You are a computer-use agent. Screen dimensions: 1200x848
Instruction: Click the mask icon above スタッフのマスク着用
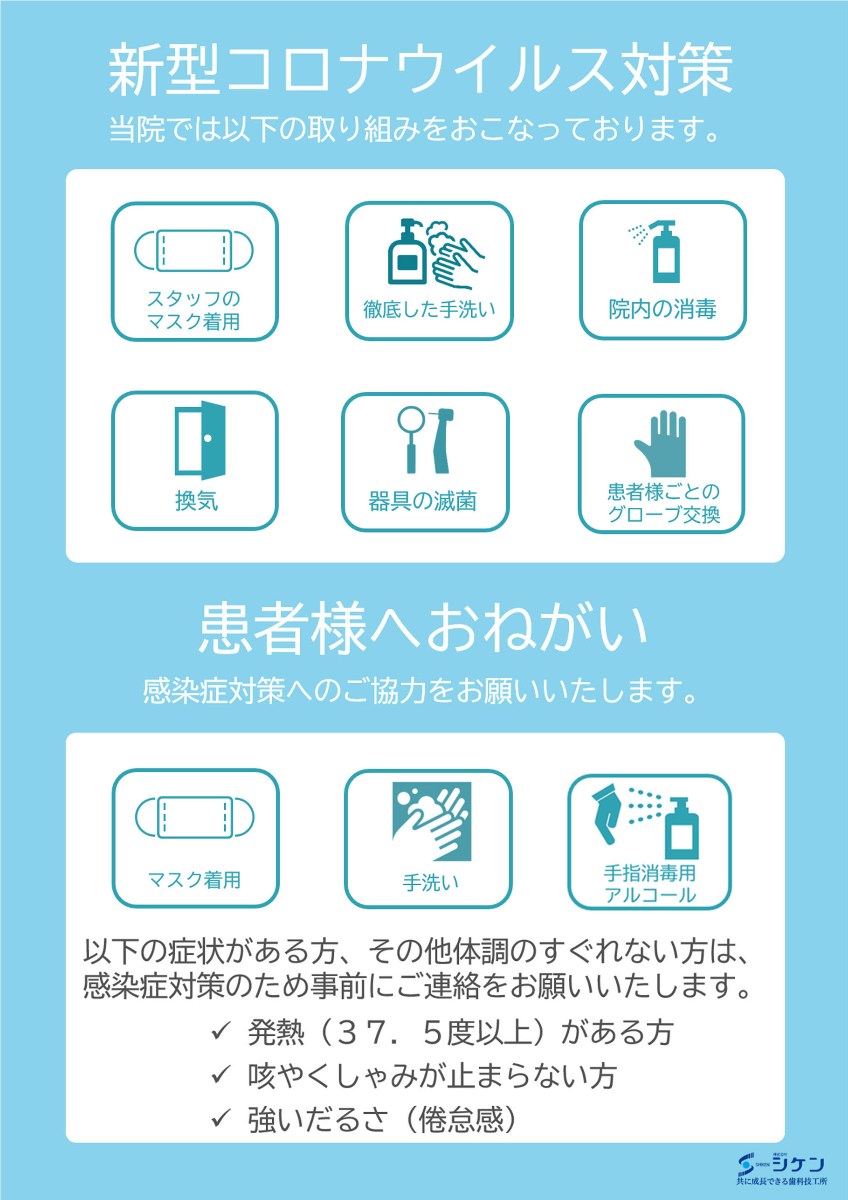194,251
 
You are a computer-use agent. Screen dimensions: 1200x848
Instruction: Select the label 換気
196,500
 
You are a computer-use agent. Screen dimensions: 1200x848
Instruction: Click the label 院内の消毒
662,309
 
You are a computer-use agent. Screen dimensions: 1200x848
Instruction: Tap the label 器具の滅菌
422,501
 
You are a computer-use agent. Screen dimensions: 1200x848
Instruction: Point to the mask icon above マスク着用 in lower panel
194,817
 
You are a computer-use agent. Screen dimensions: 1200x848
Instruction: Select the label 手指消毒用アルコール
650,884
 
